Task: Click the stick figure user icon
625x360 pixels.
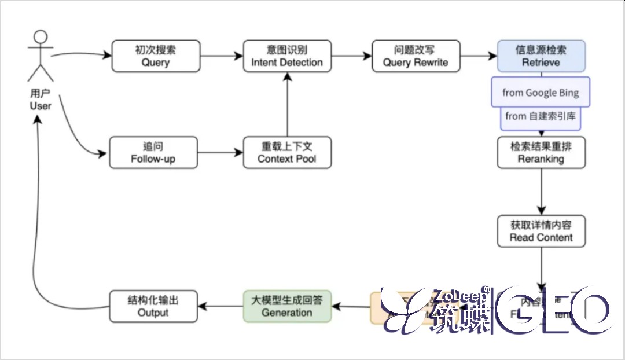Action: point(40,56)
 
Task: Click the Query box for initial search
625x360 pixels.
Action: point(156,56)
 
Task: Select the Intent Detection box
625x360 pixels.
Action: point(287,56)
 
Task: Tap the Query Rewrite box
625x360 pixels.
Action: point(416,56)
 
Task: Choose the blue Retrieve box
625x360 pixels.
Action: point(541,56)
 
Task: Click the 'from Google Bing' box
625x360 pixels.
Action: point(541,93)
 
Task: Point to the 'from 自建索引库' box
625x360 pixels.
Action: point(541,117)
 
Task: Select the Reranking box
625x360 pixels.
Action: point(541,152)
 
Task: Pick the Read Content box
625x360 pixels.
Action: point(541,231)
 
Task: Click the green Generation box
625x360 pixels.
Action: point(287,306)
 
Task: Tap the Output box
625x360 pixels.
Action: point(153,306)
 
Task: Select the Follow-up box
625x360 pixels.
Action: point(153,153)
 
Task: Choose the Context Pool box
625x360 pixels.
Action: point(287,153)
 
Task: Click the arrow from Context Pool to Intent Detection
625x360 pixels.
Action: point(287,104)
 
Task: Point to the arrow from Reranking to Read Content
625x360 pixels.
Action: point(541,191)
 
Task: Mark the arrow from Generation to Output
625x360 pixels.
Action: point(220,306)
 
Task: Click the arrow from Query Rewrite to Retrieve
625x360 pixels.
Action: point(479,56)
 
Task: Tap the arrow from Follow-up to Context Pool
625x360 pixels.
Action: point(220,153)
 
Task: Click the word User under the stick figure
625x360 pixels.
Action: point(41,106)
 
